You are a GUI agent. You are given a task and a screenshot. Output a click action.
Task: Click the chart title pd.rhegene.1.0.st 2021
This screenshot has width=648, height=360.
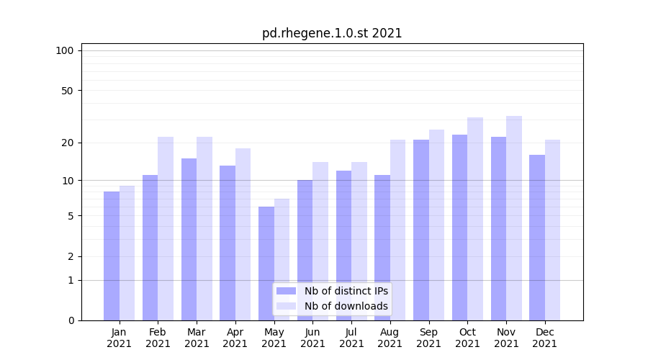point(332,33)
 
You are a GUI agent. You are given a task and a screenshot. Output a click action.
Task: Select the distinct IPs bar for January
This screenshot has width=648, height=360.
point(112,256)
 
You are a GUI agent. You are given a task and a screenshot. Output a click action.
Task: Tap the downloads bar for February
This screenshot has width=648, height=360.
point(166,228)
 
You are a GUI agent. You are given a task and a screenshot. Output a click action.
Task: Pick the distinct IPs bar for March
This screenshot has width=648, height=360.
point(189,239)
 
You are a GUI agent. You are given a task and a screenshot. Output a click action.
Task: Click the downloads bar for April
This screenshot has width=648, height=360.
point(243,234)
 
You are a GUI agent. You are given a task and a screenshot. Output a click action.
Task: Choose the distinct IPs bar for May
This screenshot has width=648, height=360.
point(266,264)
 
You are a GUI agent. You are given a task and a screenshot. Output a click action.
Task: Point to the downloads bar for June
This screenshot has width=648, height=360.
point(320,241)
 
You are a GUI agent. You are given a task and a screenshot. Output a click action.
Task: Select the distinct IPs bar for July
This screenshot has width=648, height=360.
point(343,246)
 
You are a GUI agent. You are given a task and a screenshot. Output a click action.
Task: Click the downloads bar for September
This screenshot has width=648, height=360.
point(436,225)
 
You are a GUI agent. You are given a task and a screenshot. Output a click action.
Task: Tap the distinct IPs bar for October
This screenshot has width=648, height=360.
point(459,228)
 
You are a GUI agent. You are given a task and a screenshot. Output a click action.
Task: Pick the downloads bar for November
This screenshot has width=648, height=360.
point(514,218)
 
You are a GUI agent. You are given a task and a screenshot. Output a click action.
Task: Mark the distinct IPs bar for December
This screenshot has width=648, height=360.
point(537,238)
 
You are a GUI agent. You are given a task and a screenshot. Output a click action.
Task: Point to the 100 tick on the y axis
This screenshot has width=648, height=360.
point(65,50)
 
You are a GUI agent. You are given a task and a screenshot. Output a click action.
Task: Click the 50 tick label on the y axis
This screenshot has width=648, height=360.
point(68,91)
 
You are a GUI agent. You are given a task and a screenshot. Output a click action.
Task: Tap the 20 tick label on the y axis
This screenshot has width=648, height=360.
point(68,143)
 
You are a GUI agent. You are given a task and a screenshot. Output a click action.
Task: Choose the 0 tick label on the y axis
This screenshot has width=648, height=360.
point(71,320)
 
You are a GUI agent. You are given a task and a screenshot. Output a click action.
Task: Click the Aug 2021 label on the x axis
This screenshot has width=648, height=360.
point(390,338)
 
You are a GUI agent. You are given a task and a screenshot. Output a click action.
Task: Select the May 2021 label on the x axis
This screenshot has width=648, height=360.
point(274,338)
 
